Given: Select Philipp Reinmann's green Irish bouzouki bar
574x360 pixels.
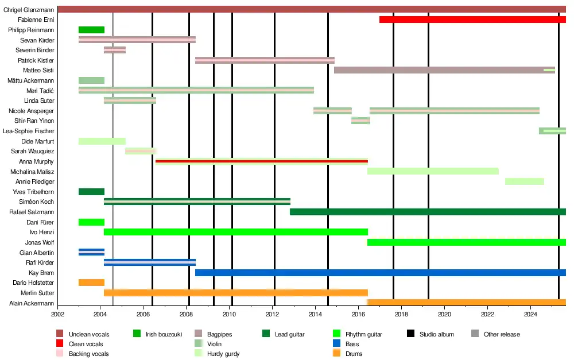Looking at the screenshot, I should pos(91,30).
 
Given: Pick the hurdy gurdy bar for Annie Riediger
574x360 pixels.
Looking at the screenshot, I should pos(524,181).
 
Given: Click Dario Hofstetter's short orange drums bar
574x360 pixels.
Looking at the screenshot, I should pos(91,282).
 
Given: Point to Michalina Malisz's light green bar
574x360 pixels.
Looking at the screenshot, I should pos(433,171).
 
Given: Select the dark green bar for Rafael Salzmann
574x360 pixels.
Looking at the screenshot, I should pos(428,212).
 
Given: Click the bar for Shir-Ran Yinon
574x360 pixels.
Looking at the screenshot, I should pos(360,121).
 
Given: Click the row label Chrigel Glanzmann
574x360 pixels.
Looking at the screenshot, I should pos(28,10).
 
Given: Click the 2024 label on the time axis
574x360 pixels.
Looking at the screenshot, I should pos(531,315).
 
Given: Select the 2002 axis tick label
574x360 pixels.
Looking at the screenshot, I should pos(57,315).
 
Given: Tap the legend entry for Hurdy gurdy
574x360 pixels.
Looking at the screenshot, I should pos(223,354).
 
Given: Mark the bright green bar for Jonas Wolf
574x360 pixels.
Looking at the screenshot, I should pos(466,242).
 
